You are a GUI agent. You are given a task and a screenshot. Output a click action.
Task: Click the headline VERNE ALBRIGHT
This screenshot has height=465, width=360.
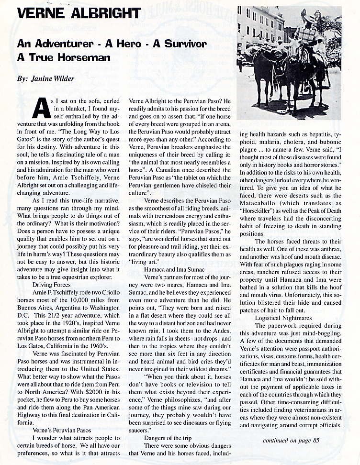pyautogui.click(x=78, y=13)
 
